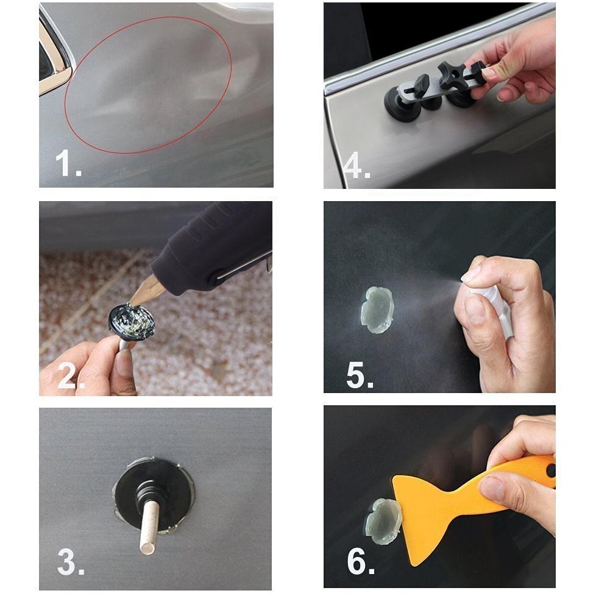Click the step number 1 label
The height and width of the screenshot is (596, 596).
68,163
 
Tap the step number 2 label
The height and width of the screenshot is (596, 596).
71,375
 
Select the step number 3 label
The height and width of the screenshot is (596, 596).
71,562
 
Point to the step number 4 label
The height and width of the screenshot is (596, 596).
357,165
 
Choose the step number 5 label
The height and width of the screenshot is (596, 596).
360,375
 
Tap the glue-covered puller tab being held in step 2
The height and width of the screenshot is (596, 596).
132,322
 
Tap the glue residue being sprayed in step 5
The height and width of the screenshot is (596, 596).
377,310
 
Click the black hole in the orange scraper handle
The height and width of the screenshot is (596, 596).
551,471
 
